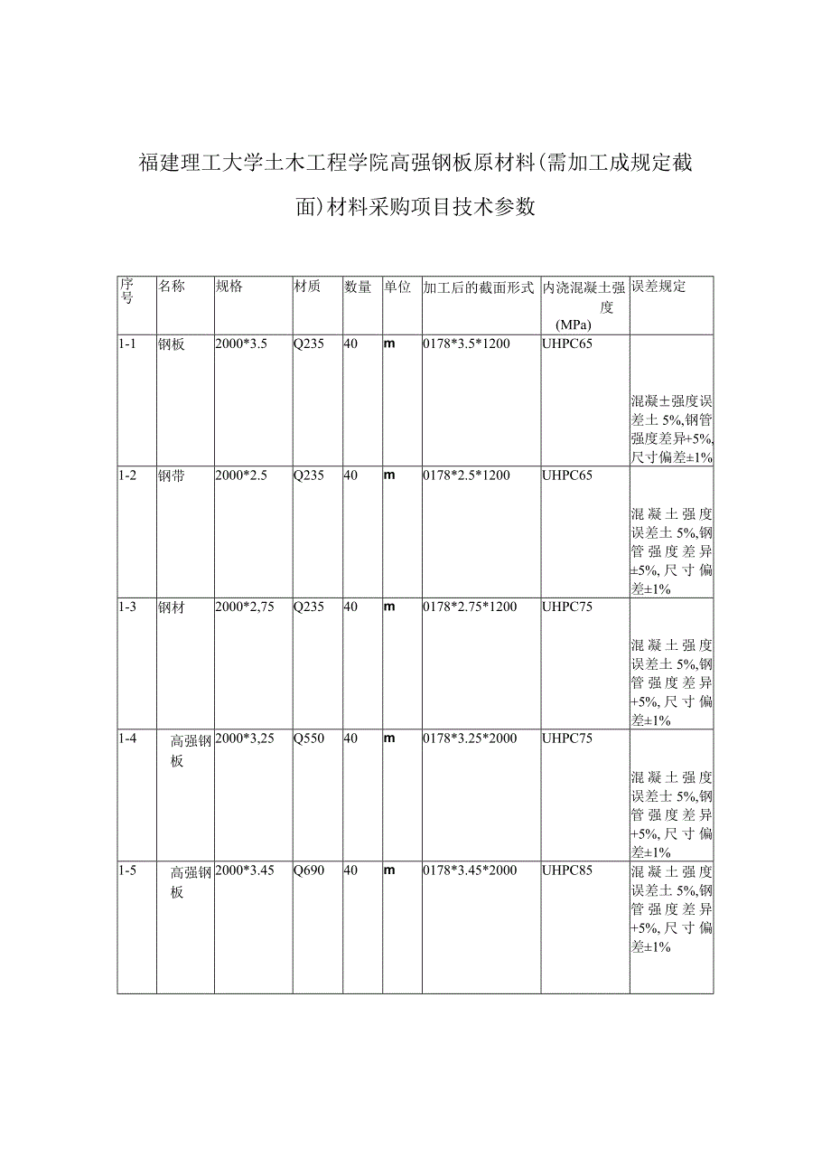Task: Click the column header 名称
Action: pyautogui.click(x=172, y=287)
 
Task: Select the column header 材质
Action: pyautogui.click(x=307, y=287)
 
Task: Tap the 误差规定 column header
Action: pyautogui.click(x=658, y=287)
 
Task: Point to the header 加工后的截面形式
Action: pyautogui.click(x=479, y=287)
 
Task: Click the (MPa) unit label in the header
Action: pyautogui.click(x=574, y=325)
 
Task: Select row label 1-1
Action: pyautogui.click(x=127, y=344)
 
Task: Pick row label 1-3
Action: pyautogui.click(x=127, y=607)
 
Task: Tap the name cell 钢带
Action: pyautogui.click(x=172, y=476)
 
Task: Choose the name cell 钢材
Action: pyautogui.click(x=172, y=607)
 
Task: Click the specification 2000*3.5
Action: pyautogui.click(x=241, y=344)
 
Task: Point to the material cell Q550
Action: pyautogui.click(x=309, y=739)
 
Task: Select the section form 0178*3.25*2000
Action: pyautogui.click(x=470, y=739)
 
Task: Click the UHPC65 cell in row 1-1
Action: pyautogui.click(x=567, y=344)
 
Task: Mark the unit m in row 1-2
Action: pyautogui.click(x=390, y=476)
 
